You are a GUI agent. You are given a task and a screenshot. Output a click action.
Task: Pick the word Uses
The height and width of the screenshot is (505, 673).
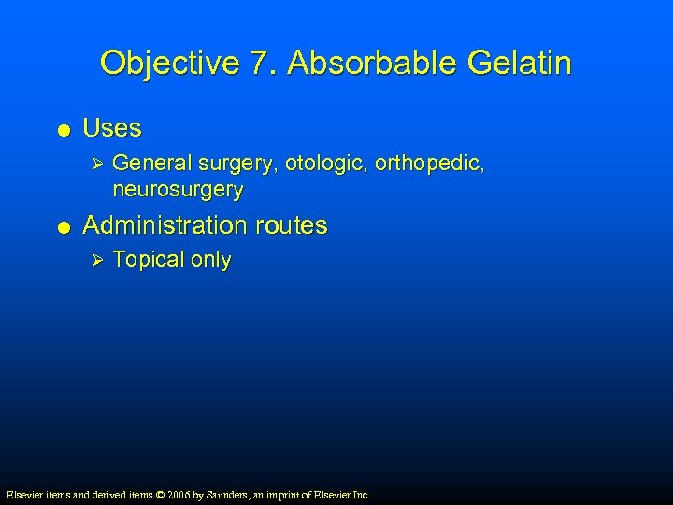(112, 128)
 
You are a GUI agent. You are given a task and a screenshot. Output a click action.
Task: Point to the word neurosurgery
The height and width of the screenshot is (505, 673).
(178, 190)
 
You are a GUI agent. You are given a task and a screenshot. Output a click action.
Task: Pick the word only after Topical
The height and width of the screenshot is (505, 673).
(210, 260)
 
